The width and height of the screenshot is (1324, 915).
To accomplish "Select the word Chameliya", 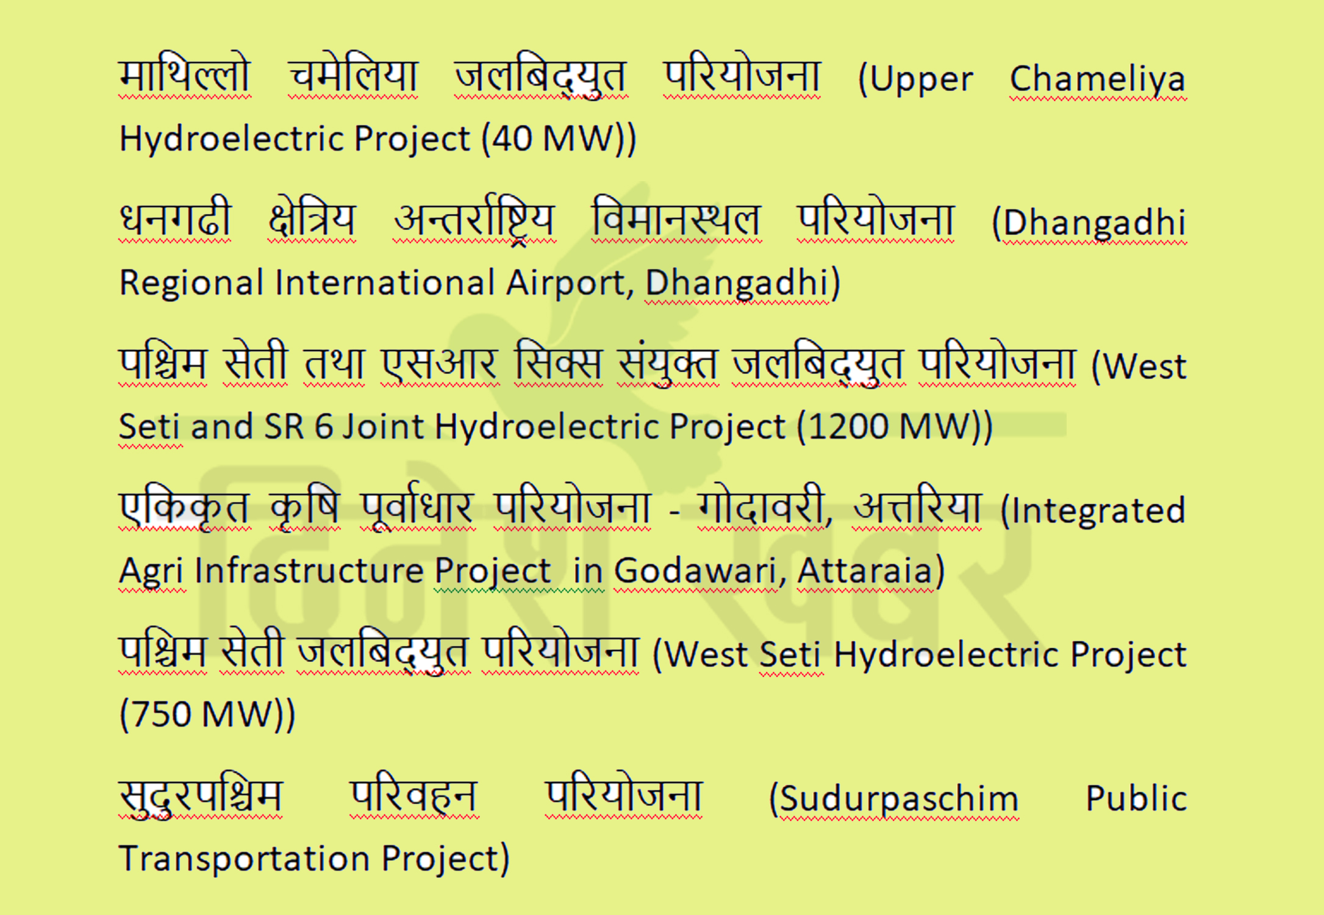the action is pyautogui.click(x=1098, y=79).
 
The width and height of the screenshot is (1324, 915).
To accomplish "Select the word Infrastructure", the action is pyautogui.click(x=309, y=570).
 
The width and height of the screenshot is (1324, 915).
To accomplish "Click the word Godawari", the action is pyautogui.click(x=696, y=570).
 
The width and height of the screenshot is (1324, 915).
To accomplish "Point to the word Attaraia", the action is pyautogui.click(x=865, y=570).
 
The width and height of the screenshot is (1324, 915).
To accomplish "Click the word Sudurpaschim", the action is pyautogui.click(x=900, y=799).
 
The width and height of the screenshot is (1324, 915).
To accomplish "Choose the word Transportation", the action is pyautogui.click(x=245, y=858).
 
